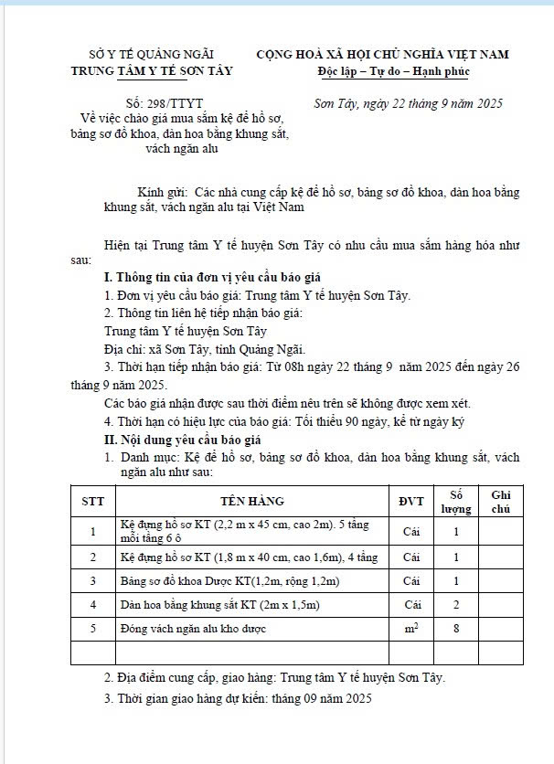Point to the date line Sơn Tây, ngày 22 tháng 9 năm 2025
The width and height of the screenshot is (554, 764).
click(x=407, y=104)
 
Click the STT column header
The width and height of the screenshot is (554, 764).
click(x=92, y=501)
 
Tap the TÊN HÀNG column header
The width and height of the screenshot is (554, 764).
click(x=251, y=501)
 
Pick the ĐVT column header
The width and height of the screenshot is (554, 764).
click(x=411, y=501)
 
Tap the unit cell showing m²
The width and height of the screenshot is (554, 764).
click(x=411, y=628)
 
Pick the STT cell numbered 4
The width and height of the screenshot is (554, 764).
click(x=92, y=605)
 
